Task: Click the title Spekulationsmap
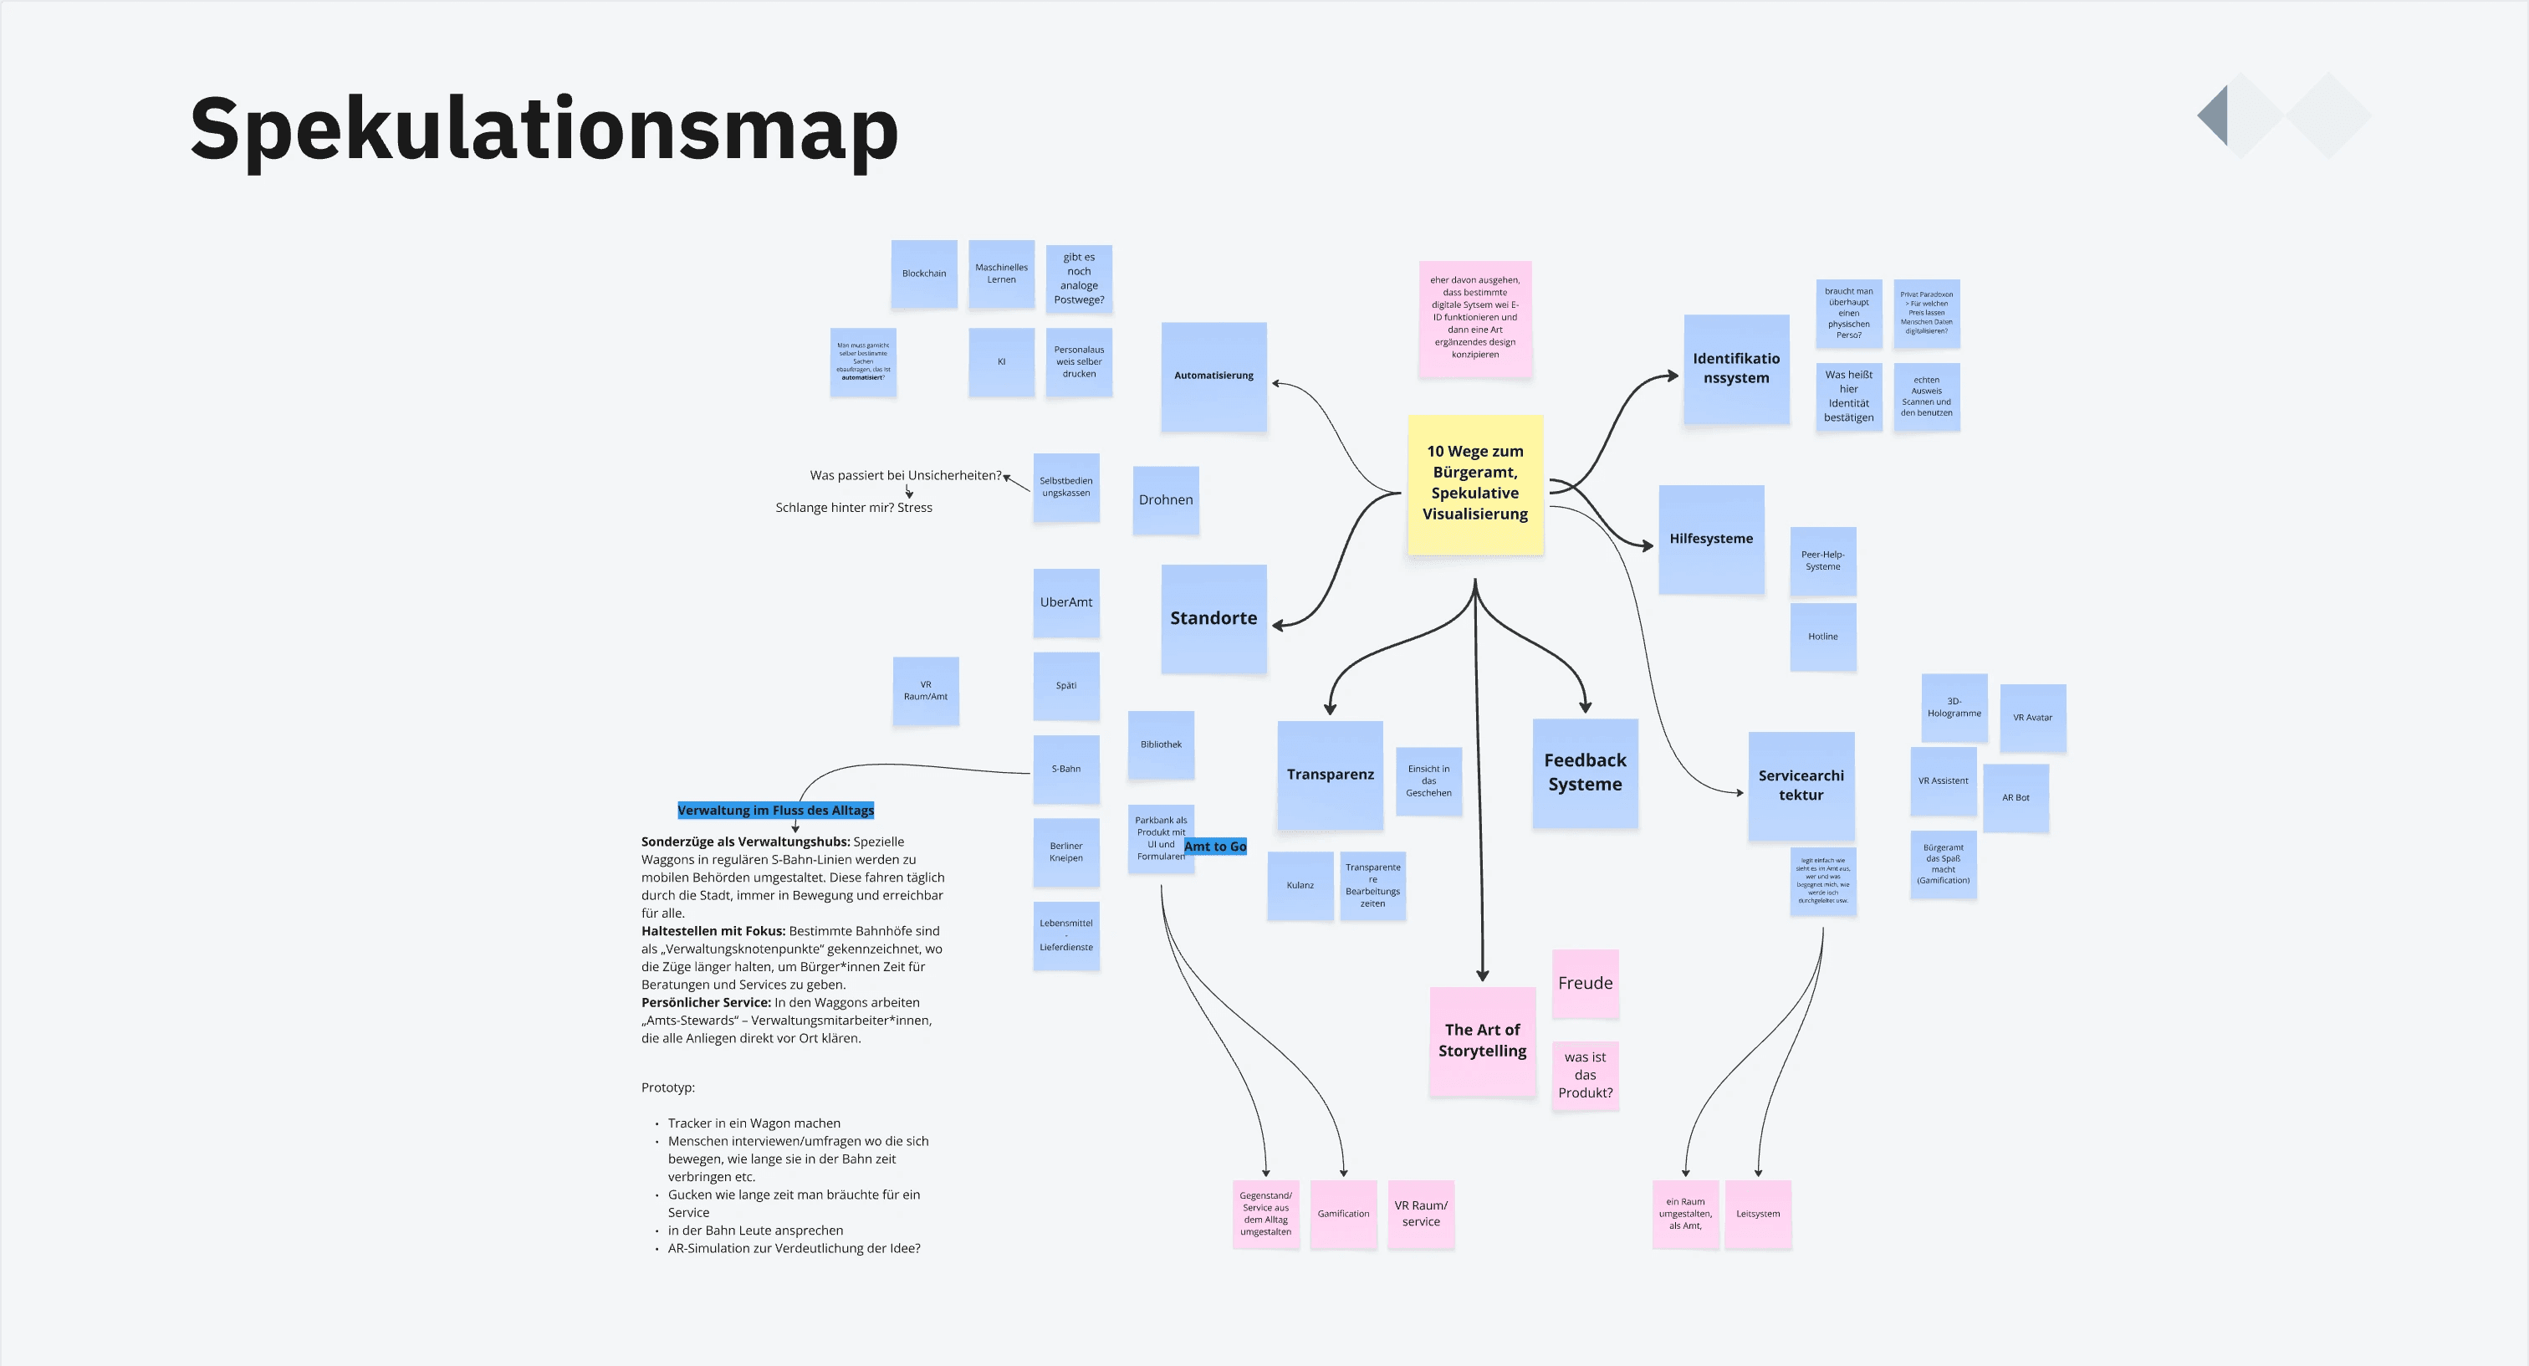pos(543,129)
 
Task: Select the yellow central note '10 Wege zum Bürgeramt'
pos(1474,483)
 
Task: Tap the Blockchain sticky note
pos(924,274)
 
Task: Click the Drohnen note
pos(1165,500)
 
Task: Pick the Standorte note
pos(1213,619)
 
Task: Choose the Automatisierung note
pos(1213,376)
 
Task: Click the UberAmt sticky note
pos(1066,603)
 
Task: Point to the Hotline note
pos(1822,637)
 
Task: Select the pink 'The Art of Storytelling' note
pos(1481,1041)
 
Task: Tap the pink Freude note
pos(1585,983)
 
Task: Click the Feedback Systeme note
pos(1585,773)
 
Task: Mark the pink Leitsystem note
pos(1757,1214)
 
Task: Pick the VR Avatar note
pos(2032,718)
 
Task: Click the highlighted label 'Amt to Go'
pos(1215,847)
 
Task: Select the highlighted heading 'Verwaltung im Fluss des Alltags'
pos(775,811)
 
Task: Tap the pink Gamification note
pos(1343,1214)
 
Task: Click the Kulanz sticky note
pos(1300,885)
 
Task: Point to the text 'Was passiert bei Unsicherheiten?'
pos(905,475)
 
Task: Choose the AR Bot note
pos(2016,797)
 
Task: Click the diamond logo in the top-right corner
pos(2284,116)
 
